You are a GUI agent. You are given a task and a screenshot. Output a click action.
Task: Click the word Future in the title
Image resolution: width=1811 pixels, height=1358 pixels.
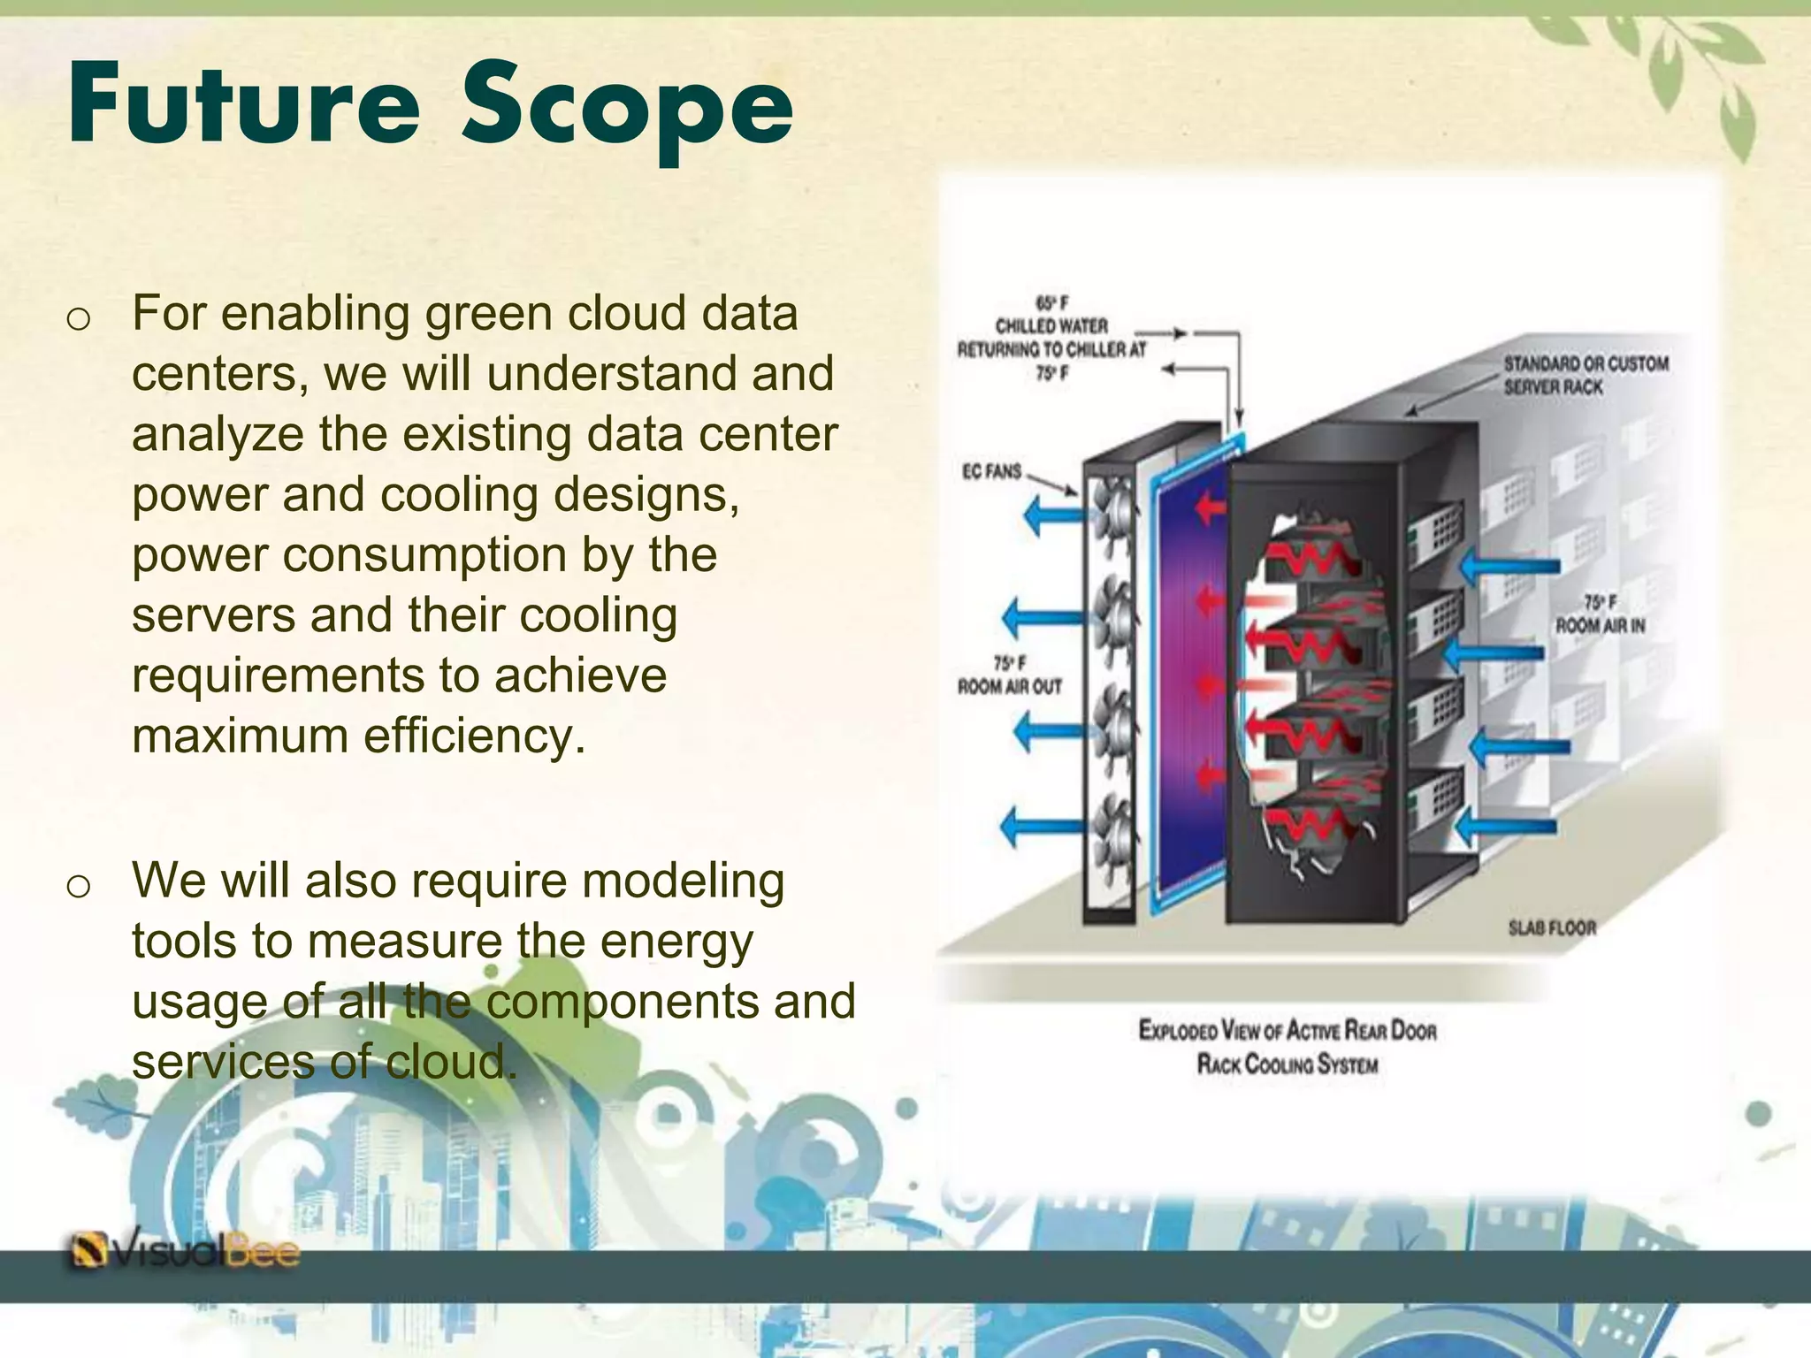tap(243, 104)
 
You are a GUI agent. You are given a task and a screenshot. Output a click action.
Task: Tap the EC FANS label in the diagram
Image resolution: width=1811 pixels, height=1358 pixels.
tap(991, 472)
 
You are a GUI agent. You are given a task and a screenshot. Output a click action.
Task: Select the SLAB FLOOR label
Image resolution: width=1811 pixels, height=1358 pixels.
tap(1552, 927)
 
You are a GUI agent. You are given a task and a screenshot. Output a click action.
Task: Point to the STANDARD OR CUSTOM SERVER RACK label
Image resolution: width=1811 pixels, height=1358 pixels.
tap(1586, 375)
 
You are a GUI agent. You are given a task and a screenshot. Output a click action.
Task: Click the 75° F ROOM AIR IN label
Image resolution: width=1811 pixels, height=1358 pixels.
tap(1600, 614)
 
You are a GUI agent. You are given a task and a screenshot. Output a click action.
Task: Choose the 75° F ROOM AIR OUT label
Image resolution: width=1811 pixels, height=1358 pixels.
tap(1009, 675)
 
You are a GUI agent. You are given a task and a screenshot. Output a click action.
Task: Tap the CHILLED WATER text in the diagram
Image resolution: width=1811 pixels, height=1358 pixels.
tap(1051, 326)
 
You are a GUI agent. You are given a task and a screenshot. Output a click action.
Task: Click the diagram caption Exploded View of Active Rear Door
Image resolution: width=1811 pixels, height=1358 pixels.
tap(1287, 1030)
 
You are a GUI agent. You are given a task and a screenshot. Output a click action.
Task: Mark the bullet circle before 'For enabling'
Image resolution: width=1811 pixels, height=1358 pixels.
tap(79, 319)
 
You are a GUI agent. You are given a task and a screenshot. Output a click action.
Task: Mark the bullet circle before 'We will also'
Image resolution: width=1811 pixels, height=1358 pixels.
tap(79, 886)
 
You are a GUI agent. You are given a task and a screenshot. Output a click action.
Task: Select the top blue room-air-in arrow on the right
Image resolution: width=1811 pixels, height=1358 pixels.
tap(1509, 566)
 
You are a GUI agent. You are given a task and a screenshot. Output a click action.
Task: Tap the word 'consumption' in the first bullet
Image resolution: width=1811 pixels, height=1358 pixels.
tap(425, 555)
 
